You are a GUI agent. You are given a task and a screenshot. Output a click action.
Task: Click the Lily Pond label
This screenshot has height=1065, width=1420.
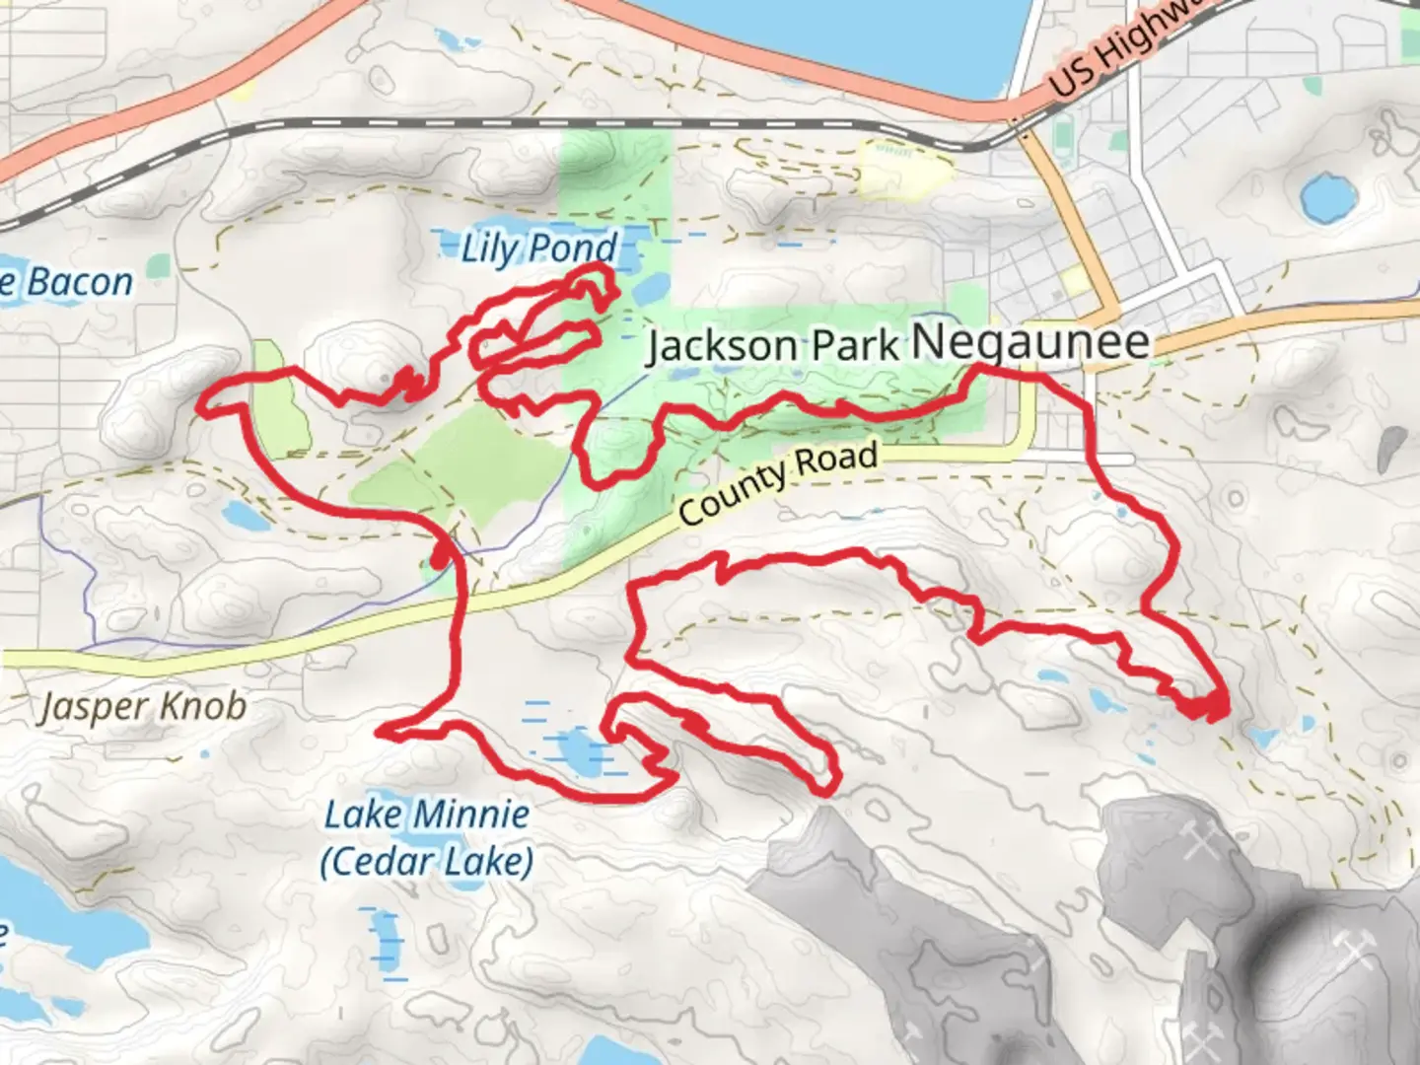539,248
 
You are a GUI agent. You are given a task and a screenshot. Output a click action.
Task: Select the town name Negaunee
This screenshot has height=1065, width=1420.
1030,341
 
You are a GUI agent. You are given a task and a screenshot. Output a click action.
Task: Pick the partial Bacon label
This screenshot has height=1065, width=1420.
69,282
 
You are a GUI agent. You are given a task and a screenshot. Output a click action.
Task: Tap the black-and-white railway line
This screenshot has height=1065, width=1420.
592,124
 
